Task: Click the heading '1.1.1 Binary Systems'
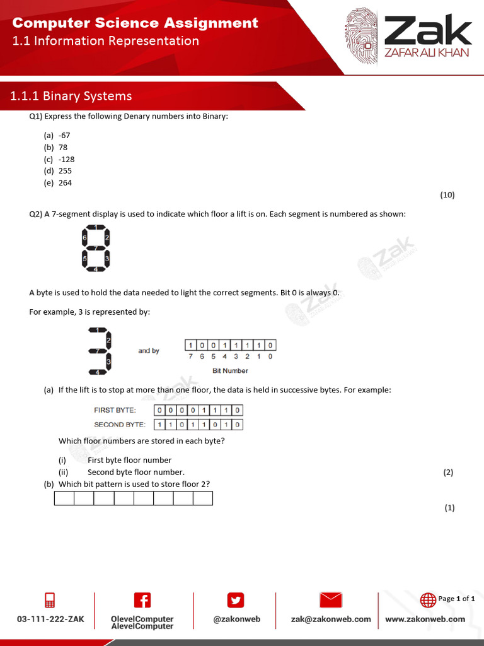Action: coord(71,96)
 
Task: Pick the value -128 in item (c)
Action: coord(66,159)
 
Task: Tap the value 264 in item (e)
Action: coord(66,183)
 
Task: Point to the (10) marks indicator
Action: coord(447,195)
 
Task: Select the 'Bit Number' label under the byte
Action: coord(230,370)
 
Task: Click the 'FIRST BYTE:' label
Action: coord(115,410)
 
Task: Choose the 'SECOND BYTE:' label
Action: coord(119,425)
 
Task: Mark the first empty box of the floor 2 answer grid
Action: coord(64,498)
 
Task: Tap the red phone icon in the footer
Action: coord(50,600)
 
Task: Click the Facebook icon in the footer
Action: coord(142,600)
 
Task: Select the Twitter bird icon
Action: coord(236,600)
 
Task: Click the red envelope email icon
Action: coord(331,600)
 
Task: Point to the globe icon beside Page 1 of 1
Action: coord(428,599)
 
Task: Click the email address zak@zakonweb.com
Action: coord(331,619)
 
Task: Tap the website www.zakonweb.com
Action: coord(425,619)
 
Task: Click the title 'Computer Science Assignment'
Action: coord(135,23)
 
